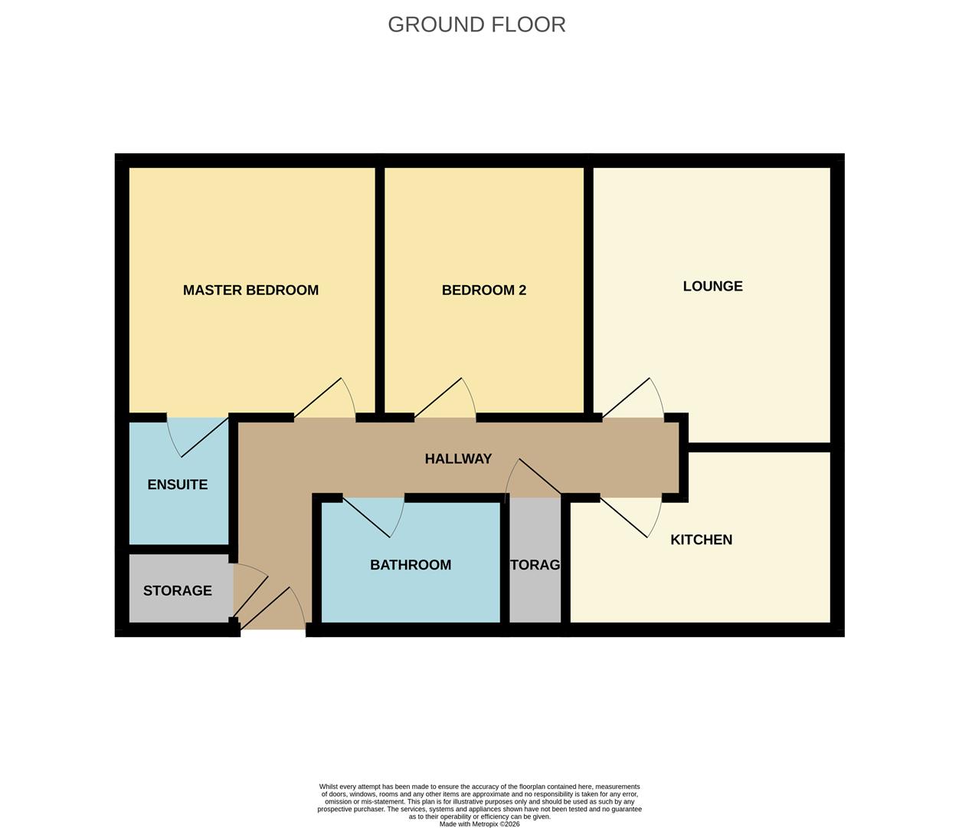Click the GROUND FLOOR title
tap(476, 25)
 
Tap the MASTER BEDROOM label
tap(250, 290)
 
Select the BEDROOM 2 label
tap(484, 290)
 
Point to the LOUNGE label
tap(712, 286)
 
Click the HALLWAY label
tap(458, 458)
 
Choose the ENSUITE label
tap(177, 485)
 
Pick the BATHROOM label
tap(411, 565)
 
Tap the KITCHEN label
tap(701, 540)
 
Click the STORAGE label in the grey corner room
tap(177, 590)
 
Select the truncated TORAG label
tap(535, 565)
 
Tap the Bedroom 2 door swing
tap(448, 399)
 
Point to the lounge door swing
tap(637, 399)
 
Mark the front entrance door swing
tap(276, 609)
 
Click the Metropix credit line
tap(479, 824)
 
